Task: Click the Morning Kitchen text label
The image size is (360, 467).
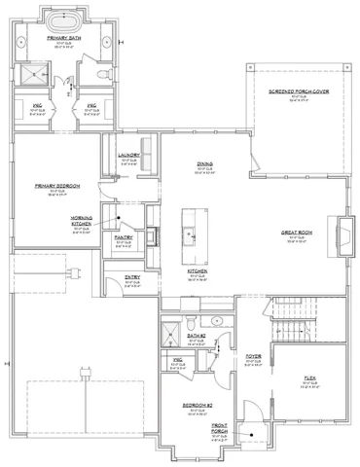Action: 81,221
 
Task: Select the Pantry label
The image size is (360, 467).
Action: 123,236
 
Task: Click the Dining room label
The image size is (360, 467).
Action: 204,164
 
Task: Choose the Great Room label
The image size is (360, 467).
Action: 296,233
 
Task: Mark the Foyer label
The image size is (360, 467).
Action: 253,357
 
